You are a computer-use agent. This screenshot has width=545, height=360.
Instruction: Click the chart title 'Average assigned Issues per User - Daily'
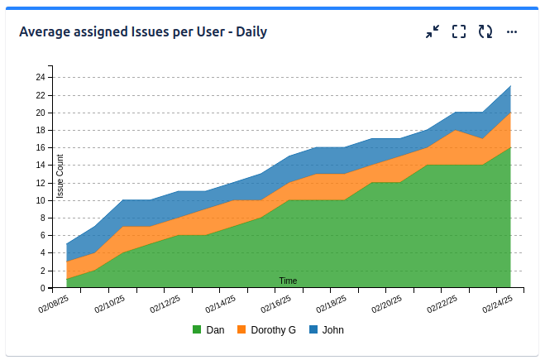click(x=142, y=32)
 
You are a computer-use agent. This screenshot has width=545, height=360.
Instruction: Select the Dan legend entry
click(x=215, y=329)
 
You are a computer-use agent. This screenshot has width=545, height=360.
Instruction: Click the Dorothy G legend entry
click(x=273, y=329)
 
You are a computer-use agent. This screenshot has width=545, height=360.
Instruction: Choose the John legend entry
click(x=332, y=329)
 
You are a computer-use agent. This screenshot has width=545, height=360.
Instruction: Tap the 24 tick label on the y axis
click(x=40, y=77)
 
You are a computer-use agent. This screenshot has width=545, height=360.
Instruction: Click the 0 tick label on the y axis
click(x=42, y=288)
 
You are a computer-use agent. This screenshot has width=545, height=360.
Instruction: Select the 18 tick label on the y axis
click(x=40, y=130)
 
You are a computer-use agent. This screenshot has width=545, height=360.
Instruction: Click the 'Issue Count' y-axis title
click(x=60, y=176)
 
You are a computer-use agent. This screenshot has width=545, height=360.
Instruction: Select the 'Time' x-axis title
click(x=288, y=281)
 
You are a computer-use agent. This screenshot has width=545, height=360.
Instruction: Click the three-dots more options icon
click(x=512, y=32)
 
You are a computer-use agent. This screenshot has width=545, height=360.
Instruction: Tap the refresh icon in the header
click(x=485, y=32)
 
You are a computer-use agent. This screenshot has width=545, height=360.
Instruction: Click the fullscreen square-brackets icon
click(x=459, y=32)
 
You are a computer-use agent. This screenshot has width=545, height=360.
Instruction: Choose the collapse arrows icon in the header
click(x=433, y=32)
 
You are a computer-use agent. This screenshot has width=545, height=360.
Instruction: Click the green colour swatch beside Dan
click(x=197, y=329)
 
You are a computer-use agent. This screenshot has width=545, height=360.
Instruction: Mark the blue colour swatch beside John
click(x=313, y=329)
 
